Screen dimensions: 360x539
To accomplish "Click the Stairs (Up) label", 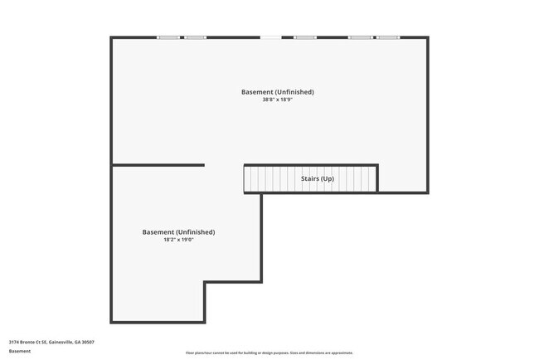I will click(317, 178).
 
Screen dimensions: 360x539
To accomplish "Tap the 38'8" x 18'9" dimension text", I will click(278, 100).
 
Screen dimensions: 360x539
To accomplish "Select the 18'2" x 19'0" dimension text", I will click(178, 240).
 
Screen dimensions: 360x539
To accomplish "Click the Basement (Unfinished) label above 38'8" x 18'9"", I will click(278, 91).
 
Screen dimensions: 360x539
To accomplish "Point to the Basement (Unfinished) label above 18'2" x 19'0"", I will click(178, 232).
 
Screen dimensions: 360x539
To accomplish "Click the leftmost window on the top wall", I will click(168, 37).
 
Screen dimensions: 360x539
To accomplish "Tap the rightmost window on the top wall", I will click(387, 37).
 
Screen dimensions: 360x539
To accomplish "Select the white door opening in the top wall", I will click(270, 37).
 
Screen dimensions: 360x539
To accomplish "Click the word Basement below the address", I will click(20, 351).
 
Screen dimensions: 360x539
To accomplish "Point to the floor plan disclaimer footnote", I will click(269, 353).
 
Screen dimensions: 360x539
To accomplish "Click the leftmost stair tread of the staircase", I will click(247, 178).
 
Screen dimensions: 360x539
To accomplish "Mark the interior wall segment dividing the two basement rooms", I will click(158, 165).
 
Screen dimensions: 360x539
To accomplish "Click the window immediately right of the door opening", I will click(305, 37).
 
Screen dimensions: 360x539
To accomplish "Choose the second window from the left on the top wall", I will click(196, 37).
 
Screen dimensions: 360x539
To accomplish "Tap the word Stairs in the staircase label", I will click(309, 178).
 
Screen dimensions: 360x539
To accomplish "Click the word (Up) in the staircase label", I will click(328, 178).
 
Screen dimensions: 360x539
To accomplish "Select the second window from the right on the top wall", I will click(360, 37).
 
